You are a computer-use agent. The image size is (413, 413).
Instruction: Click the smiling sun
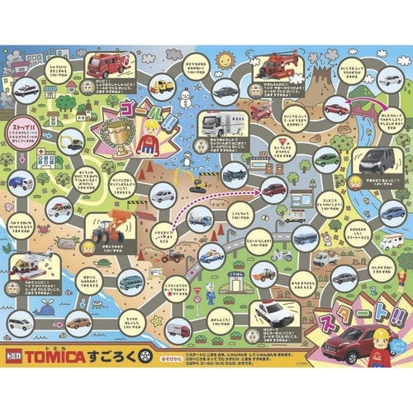pyautogui.click(x=225, y=60)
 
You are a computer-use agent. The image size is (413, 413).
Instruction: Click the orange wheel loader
pyautogui.click(x=109, y=229)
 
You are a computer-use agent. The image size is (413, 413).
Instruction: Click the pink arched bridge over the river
pyautogui.click(x=366, y=109)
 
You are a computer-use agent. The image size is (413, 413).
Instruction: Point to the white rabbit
pyautogui.click(x=325, y=240)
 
